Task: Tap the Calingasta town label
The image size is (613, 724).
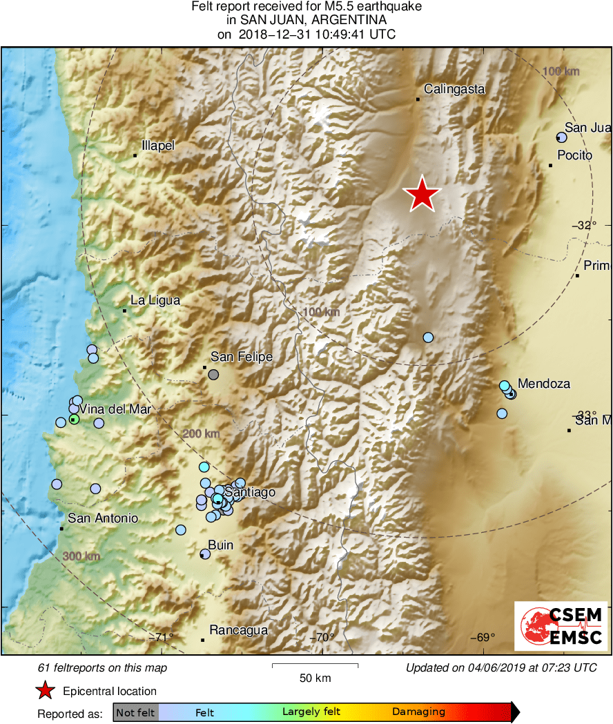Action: coord(454,89)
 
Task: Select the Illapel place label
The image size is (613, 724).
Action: coord(158,146)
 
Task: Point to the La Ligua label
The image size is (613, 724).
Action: coord(155,300)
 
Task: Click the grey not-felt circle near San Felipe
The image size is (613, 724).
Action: coord(213,375)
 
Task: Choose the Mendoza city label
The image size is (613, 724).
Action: coord(544,384)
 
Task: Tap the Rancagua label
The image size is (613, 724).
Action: coord(238,630)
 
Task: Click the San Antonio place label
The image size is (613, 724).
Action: coord(103,518)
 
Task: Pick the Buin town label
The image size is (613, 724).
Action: coord(221,545)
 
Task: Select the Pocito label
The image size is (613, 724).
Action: coord(574,155)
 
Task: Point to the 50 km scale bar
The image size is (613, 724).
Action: coord(315,666)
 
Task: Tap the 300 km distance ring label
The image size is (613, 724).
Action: coord(82,556)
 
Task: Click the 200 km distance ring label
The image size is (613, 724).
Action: coord(201,433)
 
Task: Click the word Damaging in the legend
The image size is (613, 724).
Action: coord(418,712)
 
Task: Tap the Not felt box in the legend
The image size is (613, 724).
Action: coord(135,712)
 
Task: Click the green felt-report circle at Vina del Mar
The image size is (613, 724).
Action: coord(74,419)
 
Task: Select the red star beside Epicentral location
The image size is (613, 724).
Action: coord(45,690)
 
